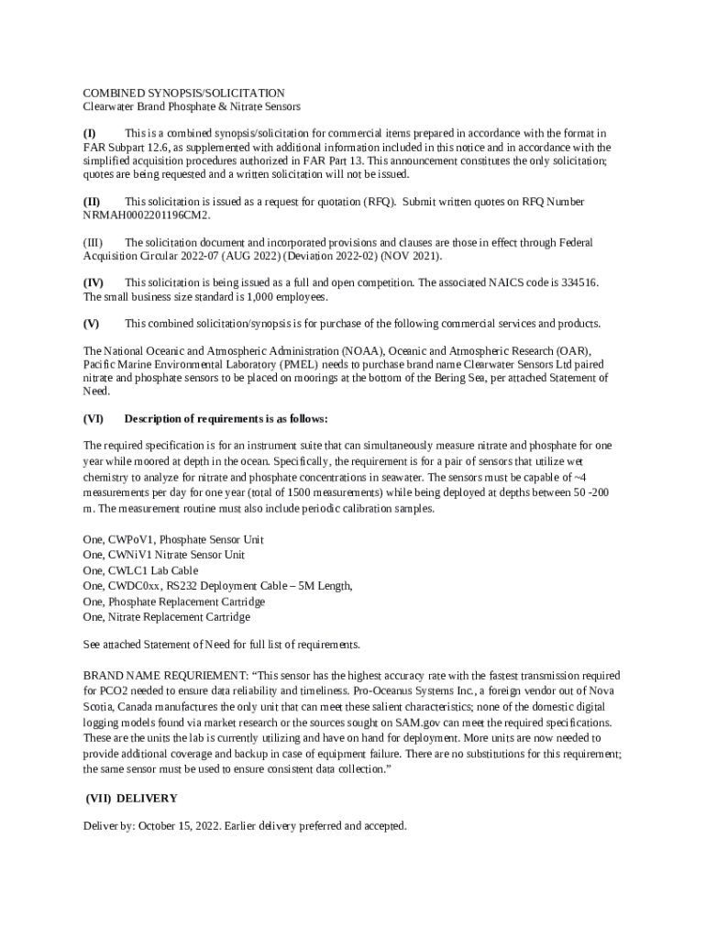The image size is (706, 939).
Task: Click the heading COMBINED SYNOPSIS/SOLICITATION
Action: tap(183, 93)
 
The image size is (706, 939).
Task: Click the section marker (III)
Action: tap(93, 242)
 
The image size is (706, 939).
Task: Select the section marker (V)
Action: tap(91, 323)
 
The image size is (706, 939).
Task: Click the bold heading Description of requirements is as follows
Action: tap(226, 418)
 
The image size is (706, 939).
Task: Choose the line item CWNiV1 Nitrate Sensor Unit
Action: tap(163, 555)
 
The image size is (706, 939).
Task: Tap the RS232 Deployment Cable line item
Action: tap(216, 586)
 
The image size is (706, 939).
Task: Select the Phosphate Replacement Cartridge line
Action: tap(174, 602)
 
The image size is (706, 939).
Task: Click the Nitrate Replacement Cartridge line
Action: tap(166, 617)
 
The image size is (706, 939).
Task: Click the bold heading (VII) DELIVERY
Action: tap(131, 798)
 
